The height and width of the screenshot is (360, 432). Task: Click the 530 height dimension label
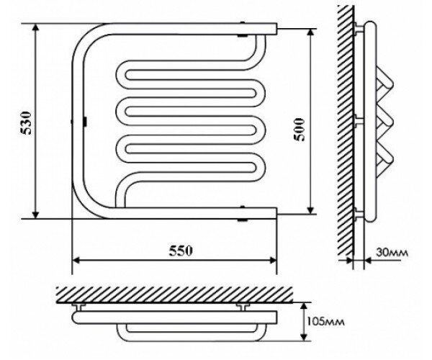click(x=27, y=122)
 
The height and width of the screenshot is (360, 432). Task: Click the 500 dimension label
click(x=300, y=130)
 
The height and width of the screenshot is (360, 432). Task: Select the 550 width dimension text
click(x=181, y=251)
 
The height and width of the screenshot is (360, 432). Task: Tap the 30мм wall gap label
click(x=392, y=253)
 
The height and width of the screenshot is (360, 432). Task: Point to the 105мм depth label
click(x=325, y=321)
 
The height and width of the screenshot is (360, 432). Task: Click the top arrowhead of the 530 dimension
click(x=35, y=28)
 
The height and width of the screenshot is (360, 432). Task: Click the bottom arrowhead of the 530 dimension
click(x=35, y=215)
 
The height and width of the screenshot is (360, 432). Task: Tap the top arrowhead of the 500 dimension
click(x=310, y=33)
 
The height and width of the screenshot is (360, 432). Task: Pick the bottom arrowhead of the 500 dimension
click(x=310, y=210)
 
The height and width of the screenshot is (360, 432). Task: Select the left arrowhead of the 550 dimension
click(x=76, y=260)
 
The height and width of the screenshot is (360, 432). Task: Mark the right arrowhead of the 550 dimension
click(x=272, y=260)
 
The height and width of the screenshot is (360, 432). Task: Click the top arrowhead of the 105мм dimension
click(x=304, y=307)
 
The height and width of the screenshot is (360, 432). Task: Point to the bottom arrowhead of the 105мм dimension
click(x=304, y=336)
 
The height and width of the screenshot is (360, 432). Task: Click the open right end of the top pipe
click(x=276, y=30)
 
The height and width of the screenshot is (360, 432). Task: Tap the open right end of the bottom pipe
click(x=276, y=213)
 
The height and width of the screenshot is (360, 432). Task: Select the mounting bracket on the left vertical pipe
click(x=85, y=122)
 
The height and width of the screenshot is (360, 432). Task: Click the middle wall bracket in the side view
click(x=359, y=122)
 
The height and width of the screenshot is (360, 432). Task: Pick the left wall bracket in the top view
click(x=79, y=307)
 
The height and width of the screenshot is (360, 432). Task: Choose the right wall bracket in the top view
click(x=243, y=307)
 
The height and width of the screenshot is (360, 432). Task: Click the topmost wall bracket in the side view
click(x=359, y=29)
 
